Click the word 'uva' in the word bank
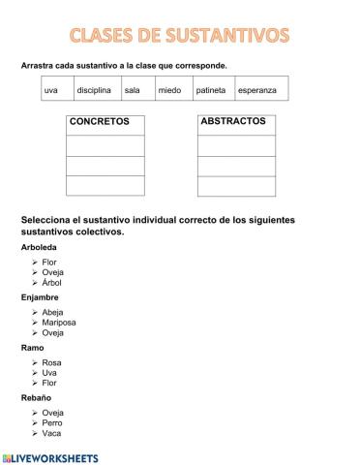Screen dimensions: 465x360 point(51,90)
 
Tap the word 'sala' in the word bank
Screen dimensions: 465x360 point(133,90)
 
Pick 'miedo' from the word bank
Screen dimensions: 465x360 point(168,90)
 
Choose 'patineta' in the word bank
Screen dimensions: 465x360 point(210,90)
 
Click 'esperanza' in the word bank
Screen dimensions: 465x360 point(256,90)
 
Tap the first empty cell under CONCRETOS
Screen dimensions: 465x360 point(105,144)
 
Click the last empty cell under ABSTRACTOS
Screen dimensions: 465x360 point(236,185)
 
